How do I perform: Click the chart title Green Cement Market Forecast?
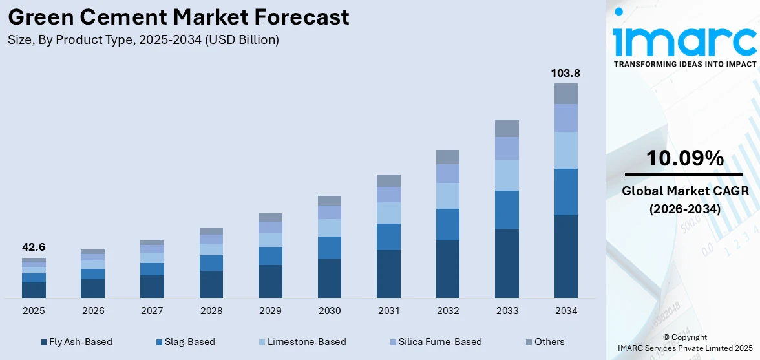tap(178, 17)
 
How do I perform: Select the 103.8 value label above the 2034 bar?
tap(565, 73)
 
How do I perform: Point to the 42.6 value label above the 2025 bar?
tap(34, 247)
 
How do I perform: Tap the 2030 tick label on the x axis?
tap(330, 311)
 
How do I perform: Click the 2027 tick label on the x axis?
tap(152, 311)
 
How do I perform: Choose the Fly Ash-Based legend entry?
tap(76, 342)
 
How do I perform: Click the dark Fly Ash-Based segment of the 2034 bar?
tap(565, 256)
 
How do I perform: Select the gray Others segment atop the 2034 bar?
tap(565, 94)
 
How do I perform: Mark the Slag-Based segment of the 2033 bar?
tap(507, 209)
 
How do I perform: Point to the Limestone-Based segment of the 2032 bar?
tap(448, 196)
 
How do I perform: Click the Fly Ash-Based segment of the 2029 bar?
tap(270, 281)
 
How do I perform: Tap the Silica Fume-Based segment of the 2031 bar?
tap(388, 195)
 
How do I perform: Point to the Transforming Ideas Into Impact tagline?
tap(684, 64)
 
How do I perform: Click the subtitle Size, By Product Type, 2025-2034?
tap(143, 40)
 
